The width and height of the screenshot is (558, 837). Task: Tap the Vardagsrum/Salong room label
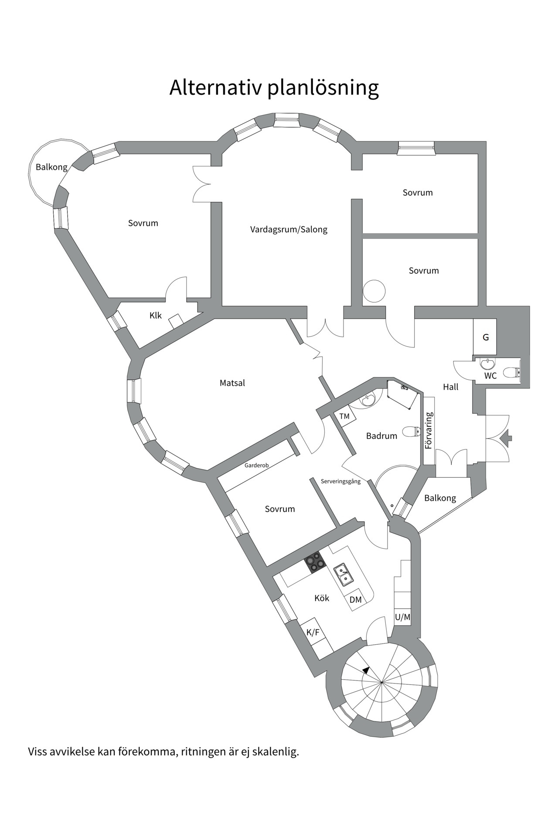click(x=289, y=229)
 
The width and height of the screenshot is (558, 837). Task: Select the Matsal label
click(x=232, y=383)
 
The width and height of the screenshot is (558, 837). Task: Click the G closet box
click(x=485, y=337)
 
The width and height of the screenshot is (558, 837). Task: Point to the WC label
click(x=490, y=376)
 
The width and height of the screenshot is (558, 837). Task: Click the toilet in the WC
click(x=511, y=372)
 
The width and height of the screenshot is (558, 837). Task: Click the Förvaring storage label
click(x=429, y=431)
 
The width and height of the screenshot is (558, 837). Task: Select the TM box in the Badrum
click(x=344, y=416)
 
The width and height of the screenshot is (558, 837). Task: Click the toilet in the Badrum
click(x=410, y=432)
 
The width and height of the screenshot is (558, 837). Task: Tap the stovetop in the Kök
click(x=315, y=562)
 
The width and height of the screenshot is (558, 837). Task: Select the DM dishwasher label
click(x=356, y=600)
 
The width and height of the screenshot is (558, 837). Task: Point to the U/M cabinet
click(x=402, y=617)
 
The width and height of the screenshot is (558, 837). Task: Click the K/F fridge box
click(x=313, y=632)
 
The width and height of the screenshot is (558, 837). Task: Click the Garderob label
click(x=256, y=465)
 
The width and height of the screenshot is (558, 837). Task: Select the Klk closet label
click(x=156, y=316)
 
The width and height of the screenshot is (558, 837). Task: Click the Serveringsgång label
click(x=341, y=482)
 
